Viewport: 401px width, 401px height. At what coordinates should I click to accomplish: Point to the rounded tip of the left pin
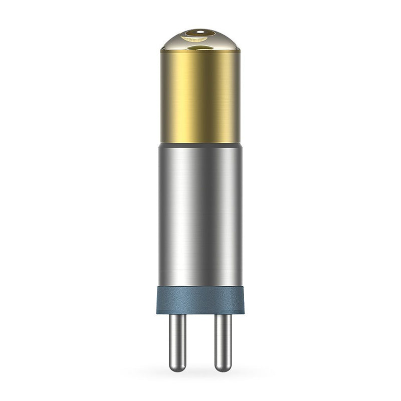pyautogui.click(x=177, y=368)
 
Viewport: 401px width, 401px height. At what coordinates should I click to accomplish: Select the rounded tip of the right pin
pyautogui.click(x=223, y=368)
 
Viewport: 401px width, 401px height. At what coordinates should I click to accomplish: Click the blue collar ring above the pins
pyautogui.click(x=200, y=300)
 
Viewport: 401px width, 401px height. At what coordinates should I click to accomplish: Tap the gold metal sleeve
pyautogui.click(x=200, y=95)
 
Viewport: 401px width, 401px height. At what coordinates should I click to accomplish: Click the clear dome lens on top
pyautogui.click(x=200, y=40)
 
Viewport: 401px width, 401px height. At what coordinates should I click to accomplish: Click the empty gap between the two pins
pyautogui.click(x=200, y=341)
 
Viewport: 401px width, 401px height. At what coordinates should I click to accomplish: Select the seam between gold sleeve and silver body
pyautogui.click(x=200, y=143)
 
